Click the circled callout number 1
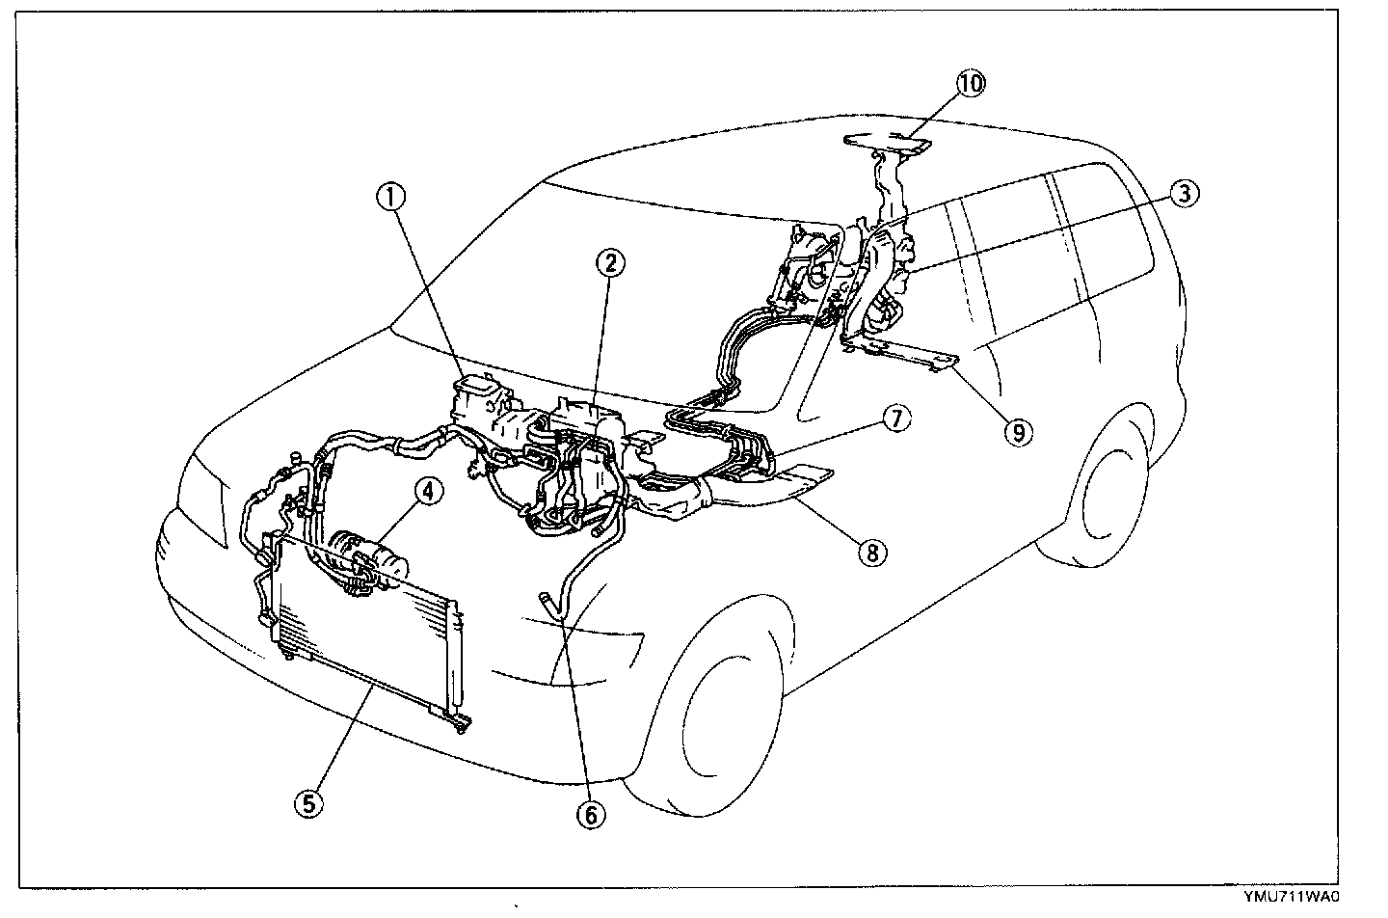pos(390,198)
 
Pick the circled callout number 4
pos(429,492)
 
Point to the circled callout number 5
pos(307,804)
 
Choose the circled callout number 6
pos(591,815)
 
